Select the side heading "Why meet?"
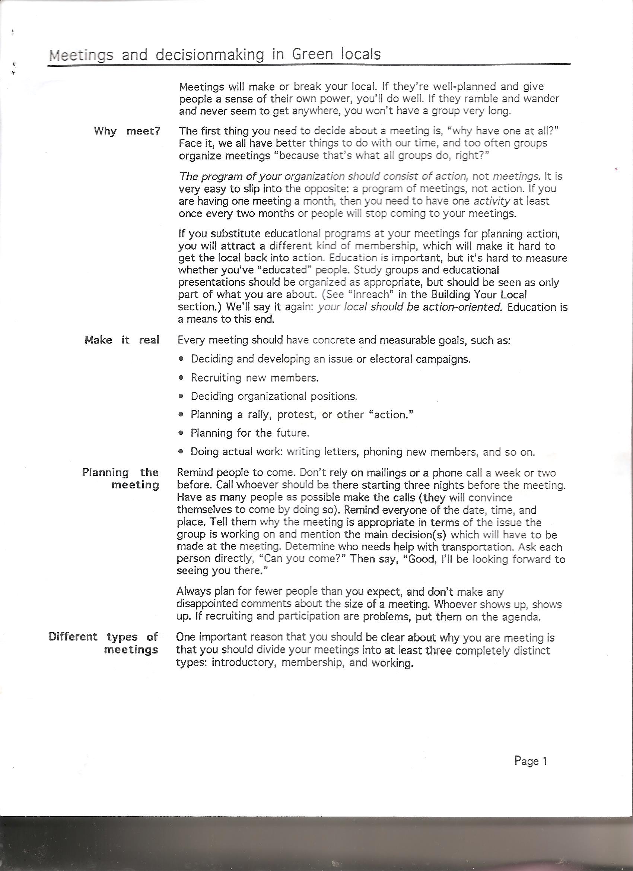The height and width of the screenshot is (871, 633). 127,131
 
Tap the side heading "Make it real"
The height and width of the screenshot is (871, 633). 122,340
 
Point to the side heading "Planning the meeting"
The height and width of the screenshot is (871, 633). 121,478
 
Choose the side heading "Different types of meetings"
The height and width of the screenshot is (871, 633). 104,643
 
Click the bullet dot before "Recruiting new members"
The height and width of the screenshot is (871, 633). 182,378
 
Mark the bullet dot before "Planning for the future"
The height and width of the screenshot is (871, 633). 182,433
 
